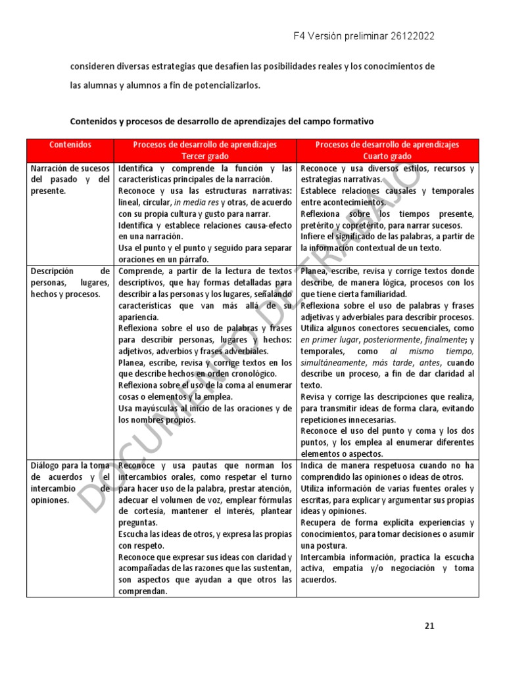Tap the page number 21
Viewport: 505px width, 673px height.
click(429, 626)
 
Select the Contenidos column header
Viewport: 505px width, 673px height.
click(70, 145)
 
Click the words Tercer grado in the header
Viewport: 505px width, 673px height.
click(204, 156)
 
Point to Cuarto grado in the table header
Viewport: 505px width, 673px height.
click(387, 156)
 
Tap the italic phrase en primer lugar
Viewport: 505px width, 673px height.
click(329, 339)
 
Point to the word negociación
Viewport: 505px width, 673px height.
click(410, 569)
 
